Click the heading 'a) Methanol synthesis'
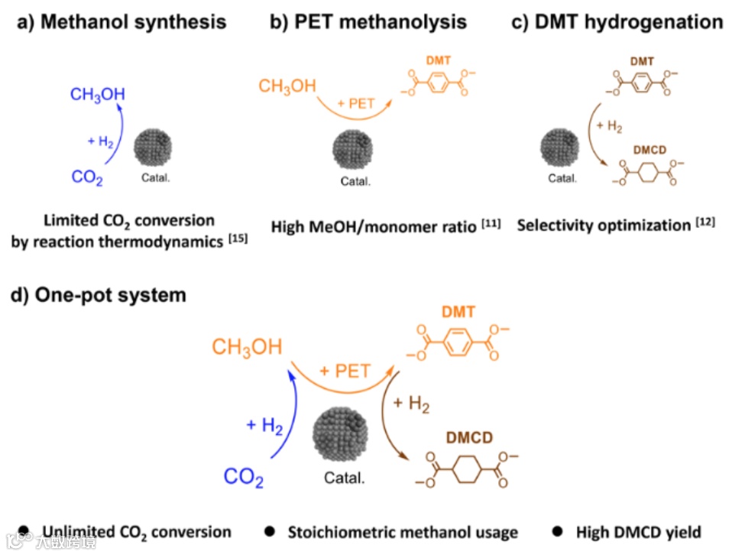coord(121,21)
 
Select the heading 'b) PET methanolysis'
coord(368,21)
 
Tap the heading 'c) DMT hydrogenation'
coord(617,21)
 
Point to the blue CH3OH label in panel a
coord(97,95)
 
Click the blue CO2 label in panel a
coord(87,177)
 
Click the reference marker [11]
coord(491,223)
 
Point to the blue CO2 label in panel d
coord(244,479)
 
